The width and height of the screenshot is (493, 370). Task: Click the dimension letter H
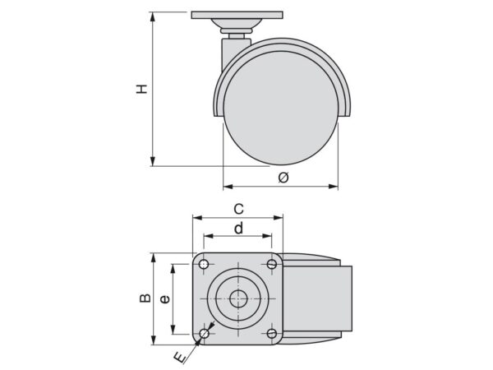pos(142,89)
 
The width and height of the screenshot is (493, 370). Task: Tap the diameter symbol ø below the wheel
pos(283,178)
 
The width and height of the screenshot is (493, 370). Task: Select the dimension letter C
pos(238,209)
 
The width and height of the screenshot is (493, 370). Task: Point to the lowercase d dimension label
pos(238,228)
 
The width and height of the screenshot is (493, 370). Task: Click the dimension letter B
pos(145,298)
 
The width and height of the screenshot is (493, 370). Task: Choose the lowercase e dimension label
pos(165,299)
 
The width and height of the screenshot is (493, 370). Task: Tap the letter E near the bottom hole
pos(180,358)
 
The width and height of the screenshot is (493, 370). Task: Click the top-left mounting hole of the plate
pos(204,264)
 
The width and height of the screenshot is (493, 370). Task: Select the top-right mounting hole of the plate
pos(272,264)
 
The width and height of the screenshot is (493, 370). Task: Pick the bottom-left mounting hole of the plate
pos(205,333)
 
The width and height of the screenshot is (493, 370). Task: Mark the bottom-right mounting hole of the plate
pos(272,333)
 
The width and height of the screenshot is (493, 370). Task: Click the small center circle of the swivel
pos(238,298)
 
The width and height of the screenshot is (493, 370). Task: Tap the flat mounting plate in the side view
pos(237,15)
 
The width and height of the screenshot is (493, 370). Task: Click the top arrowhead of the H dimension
pos(153,16)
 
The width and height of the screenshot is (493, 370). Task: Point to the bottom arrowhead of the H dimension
pos(153,161)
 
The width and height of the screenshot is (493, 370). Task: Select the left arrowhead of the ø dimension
pos(228,187)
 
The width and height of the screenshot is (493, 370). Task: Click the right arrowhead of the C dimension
pos(279,218)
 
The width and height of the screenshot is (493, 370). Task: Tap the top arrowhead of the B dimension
pos(154,257)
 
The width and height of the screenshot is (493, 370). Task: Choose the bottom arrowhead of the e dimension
pos(173,330)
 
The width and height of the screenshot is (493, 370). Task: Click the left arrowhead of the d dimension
pos(209,236)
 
